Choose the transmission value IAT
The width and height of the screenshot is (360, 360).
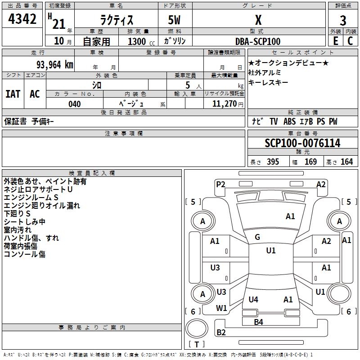point(13,94)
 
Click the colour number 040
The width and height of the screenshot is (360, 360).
point(75,104)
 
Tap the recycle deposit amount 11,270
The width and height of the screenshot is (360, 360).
point(224,104)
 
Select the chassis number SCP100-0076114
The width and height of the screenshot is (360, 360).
point(302,144)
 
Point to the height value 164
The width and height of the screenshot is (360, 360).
point(346,162)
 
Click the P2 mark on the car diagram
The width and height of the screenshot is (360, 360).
point(220,184)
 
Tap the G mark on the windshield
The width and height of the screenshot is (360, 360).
point(257,237)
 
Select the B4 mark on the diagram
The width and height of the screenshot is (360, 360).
point(258,322)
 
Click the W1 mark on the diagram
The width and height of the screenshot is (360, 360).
point(221,308)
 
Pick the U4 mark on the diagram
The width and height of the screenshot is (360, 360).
point(253,299)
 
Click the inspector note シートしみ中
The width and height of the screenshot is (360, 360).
point(25,222)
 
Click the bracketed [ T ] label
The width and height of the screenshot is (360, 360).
point(196,344)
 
